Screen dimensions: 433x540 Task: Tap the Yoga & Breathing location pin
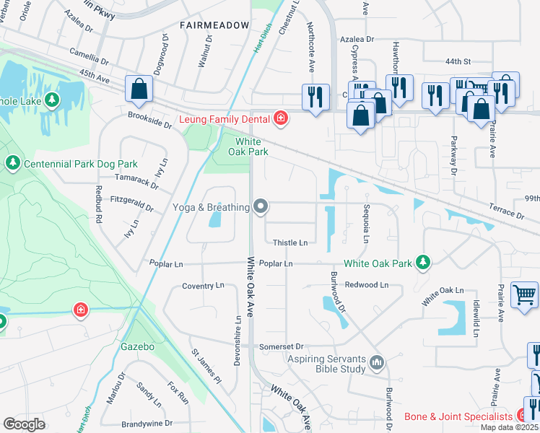(x=261, y=207)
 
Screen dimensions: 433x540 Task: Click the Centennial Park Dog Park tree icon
(x=12, y=164)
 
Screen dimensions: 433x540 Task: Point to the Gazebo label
(x=137, y=347)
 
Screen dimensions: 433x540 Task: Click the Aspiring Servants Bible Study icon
(x=375, y=362)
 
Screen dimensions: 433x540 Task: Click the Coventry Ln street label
(x=203, y=286)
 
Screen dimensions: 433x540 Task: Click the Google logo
(x=24, y=424)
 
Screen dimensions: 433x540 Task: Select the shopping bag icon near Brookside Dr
(x=139, y=89)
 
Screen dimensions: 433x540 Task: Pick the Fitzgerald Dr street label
(x=132, y=204)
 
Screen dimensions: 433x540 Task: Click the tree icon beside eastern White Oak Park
(x=426, y=262)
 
